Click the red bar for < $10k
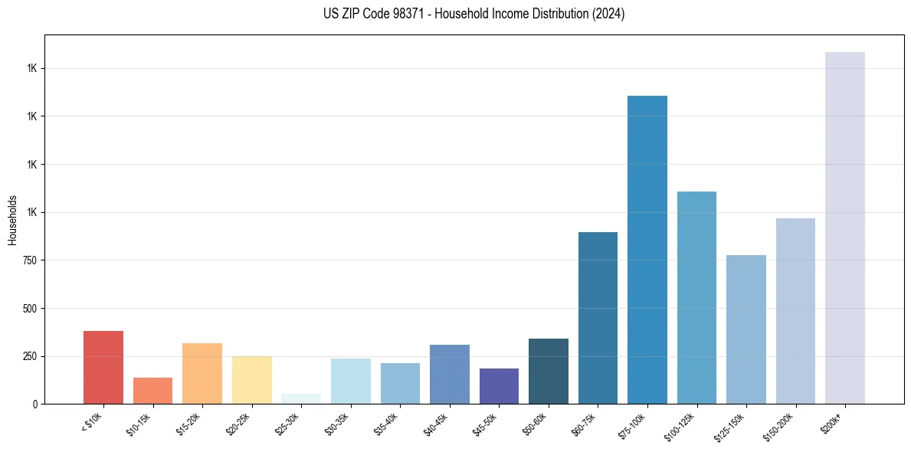103,367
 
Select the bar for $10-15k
152,391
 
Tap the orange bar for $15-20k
202,373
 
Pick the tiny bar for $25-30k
301,398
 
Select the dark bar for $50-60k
549,371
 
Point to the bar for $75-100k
647,250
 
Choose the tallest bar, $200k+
845,228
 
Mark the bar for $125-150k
746,329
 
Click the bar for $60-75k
598,318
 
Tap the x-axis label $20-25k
238,424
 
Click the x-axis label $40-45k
436,424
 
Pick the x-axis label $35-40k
386,424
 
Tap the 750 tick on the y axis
30,260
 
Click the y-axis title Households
12,219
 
